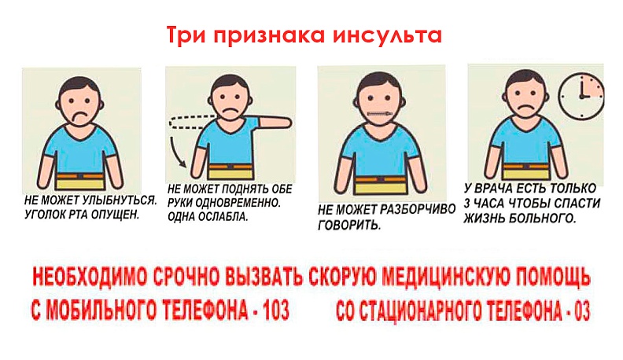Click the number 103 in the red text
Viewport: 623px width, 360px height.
pos(270,310)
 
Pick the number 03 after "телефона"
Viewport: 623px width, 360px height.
pos(581,310)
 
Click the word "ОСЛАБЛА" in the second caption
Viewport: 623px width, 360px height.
pos(222,215)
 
